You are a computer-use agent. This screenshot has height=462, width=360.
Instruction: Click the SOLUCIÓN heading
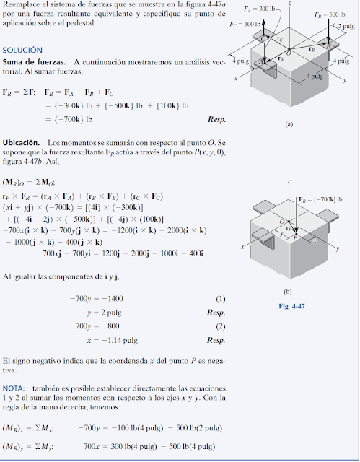24,51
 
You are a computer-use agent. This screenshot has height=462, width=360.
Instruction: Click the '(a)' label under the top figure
289,124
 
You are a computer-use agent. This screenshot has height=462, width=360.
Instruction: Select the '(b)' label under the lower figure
288,292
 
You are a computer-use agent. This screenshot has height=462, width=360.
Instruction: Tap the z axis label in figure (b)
289,180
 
